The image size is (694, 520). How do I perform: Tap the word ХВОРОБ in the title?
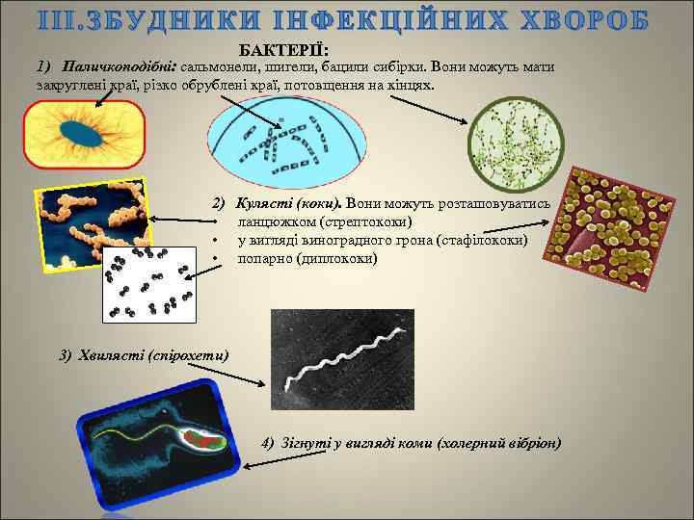604,21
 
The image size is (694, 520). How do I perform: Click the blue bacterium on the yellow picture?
84,136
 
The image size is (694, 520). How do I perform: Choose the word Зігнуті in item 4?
302,443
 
